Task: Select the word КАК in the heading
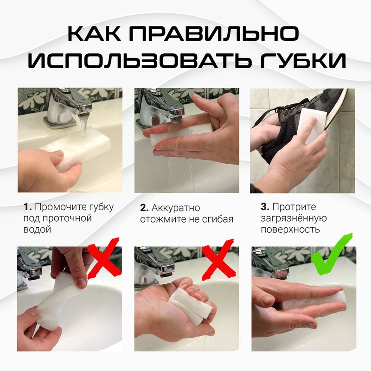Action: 96,35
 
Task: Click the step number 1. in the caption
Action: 27,207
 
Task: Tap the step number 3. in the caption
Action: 265,207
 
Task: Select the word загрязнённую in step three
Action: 294,218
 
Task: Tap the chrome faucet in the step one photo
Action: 70,107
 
